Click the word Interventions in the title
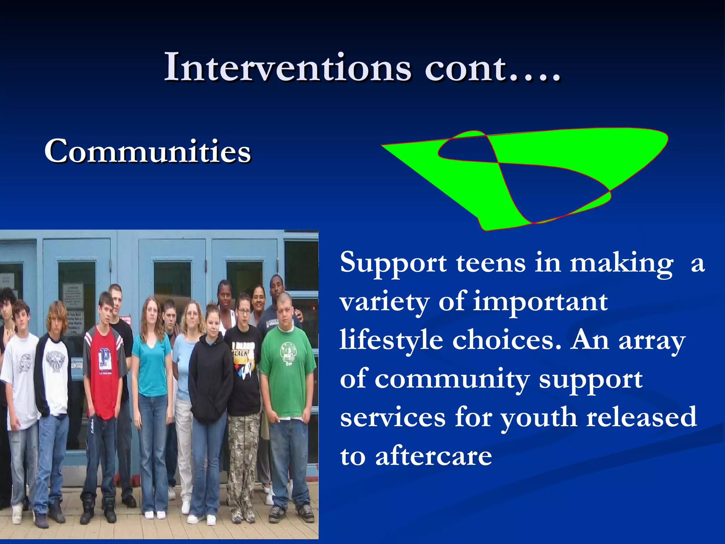point(287,67)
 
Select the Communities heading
point(148,151)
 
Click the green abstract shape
point(552,149)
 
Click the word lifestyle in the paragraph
point(391,340)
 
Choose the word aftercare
point(433,456)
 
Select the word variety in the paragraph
point(384,302)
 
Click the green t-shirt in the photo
point(287,372)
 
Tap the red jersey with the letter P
point(104,372)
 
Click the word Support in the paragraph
point(393,264)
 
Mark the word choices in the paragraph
point(507,340)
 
